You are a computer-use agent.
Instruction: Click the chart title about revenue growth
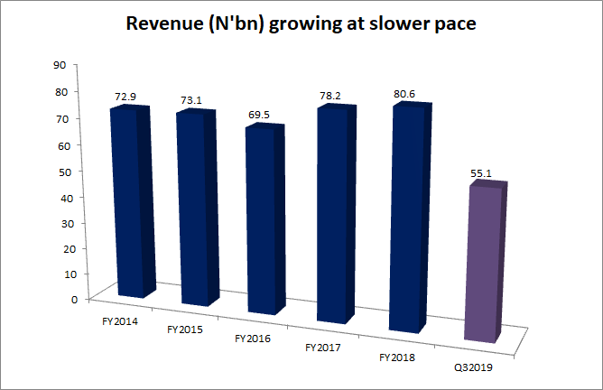coord(301,26)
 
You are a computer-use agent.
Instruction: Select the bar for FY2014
coord(127,203)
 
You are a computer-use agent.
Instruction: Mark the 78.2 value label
coord(335,93)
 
